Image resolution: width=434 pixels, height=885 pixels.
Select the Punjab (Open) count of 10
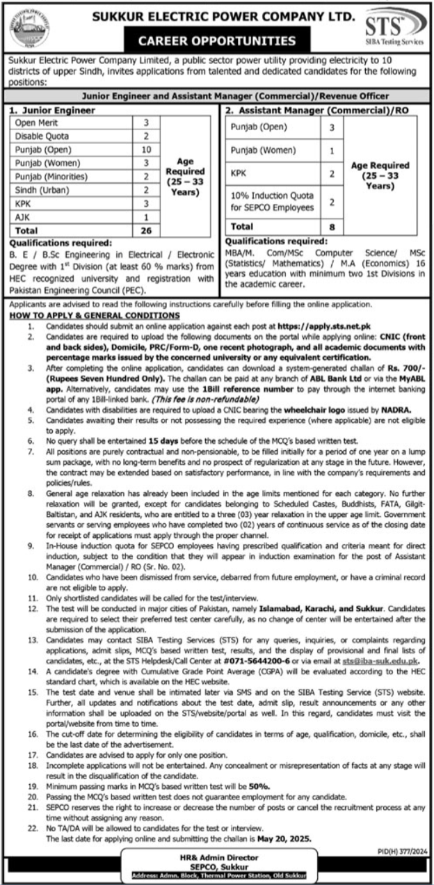146,150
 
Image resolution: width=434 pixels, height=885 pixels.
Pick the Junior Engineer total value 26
146,229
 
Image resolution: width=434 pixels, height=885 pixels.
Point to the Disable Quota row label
38,136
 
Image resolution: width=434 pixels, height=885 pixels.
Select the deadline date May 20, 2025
286,840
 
